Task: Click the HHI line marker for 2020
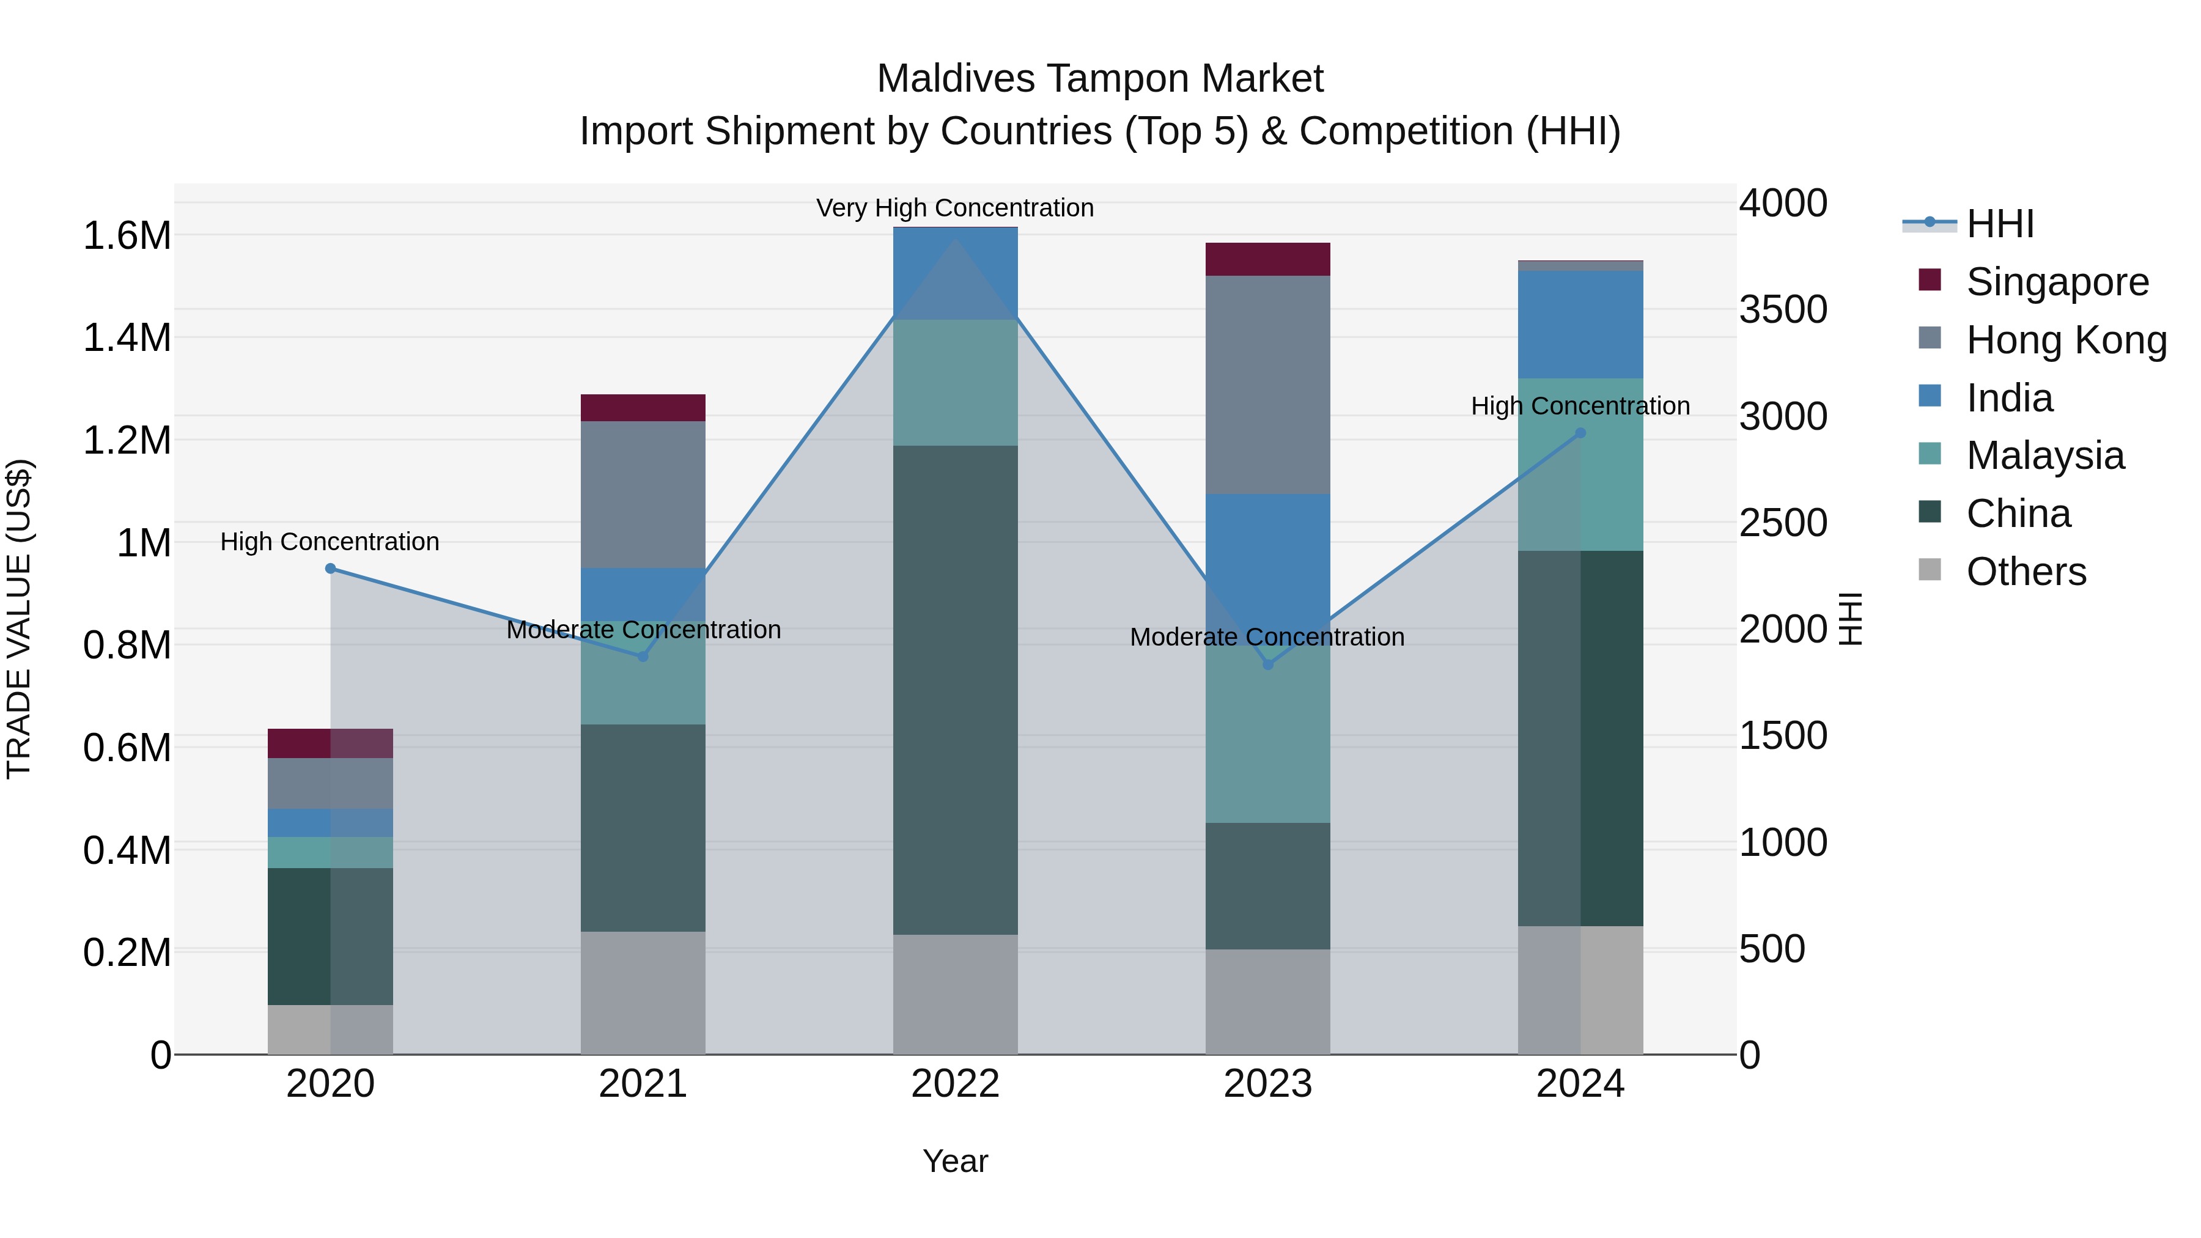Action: point(331,568)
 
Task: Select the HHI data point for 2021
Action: point(643,656)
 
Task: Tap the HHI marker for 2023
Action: point(1268,665)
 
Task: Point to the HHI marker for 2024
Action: point(1580,433)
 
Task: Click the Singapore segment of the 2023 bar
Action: point(1268,259)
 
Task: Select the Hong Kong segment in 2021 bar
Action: point(643,494)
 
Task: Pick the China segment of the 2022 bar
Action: point(955,690)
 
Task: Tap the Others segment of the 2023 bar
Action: point(1268,1001)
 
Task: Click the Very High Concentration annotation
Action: point(954,208)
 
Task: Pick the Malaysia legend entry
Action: point(2044,455)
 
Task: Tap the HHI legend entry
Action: point(1999,224)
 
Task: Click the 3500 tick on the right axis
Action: point(1783,310)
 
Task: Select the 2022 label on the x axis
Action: point(955,1084)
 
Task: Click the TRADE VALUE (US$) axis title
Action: point(19,619)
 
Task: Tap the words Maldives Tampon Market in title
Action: point(1100,79)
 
